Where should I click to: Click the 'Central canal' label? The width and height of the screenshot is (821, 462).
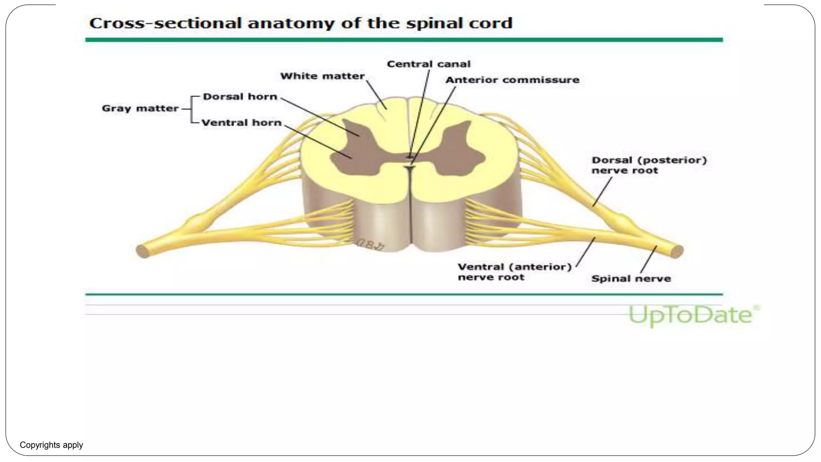[428, 64]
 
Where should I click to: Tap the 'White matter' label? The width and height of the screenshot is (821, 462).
[322, 76]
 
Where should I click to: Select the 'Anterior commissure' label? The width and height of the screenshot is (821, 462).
[512, 80]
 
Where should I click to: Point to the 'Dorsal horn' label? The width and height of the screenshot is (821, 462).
[240, 97]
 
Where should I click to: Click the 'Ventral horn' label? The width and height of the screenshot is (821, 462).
[241, 123]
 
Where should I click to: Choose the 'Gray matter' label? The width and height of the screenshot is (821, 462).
[140, 108]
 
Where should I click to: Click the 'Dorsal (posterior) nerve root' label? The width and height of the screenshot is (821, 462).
[649, 165]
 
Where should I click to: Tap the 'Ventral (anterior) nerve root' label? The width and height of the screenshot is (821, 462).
[514, 272]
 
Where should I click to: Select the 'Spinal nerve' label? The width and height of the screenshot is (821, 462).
[631, 279]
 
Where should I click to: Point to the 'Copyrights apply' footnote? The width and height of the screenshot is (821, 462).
[51, 445]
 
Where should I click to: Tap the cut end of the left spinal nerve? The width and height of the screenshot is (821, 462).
[142, 251]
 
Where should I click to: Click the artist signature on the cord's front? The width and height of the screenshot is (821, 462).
[370, 244]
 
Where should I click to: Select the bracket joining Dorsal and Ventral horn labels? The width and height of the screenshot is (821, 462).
[192, 109]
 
